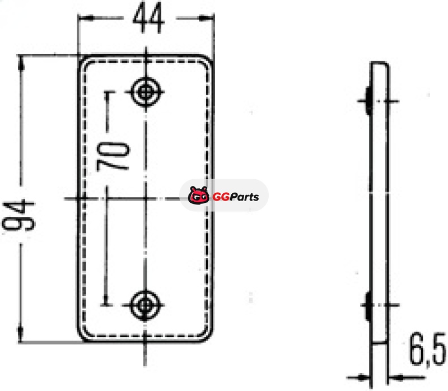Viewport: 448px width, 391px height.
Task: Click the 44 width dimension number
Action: click(x=148, y=18)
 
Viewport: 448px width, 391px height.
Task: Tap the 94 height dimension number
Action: click(x=18, y=216)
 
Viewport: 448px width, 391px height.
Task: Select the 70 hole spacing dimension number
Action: click(x=113, y=157)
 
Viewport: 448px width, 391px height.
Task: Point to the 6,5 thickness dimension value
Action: click(x=428, y=350)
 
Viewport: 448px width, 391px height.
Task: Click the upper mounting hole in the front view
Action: click(x=146, y=92)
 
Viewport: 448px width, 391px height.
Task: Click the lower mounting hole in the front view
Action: click(x=145, y=305)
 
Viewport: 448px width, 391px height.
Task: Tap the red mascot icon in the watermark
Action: click(x=198, y=195)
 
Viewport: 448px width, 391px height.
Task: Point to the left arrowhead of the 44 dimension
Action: click(x=86, y=18)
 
